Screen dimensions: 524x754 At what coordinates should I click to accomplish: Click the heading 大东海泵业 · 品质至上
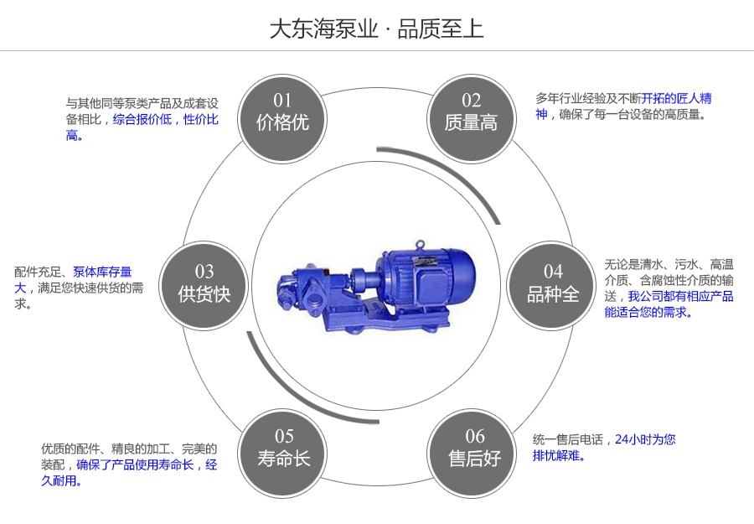point(376,29)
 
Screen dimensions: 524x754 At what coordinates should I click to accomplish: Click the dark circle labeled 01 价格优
point(282,112)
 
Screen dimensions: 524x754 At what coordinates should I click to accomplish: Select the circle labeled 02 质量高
point(471,112)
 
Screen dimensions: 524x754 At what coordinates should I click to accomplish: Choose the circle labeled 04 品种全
point(553,283)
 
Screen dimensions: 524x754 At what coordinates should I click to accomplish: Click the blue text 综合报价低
point(142,120)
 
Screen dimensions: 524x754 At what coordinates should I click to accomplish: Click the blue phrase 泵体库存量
point(102,272)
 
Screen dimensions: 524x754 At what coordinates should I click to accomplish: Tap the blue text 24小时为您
point(644,439)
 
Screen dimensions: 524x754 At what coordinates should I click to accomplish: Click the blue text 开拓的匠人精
point(677,98)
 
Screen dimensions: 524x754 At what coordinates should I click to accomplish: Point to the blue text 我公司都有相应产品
point(680,296)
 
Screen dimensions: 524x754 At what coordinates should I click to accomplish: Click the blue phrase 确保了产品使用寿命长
point(135,464)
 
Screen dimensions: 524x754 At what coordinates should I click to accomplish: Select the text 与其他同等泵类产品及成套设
point(142,103)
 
